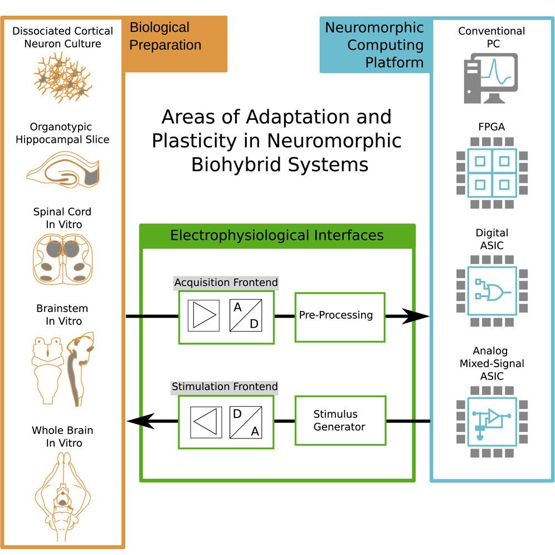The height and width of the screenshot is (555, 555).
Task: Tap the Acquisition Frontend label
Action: point(226,283)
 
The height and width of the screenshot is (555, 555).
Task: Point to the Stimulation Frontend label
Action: point(225,387)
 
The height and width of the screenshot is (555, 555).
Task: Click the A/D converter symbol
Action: point(246,316)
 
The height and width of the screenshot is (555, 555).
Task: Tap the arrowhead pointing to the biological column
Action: point(139,421)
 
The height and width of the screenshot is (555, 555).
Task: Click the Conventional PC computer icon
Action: point(490,78)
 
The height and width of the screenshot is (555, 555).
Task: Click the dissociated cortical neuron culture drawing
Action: point(61,77)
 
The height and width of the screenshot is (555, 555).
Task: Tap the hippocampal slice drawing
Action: point(62,170)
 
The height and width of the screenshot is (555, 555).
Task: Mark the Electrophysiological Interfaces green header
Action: point(277,235)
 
